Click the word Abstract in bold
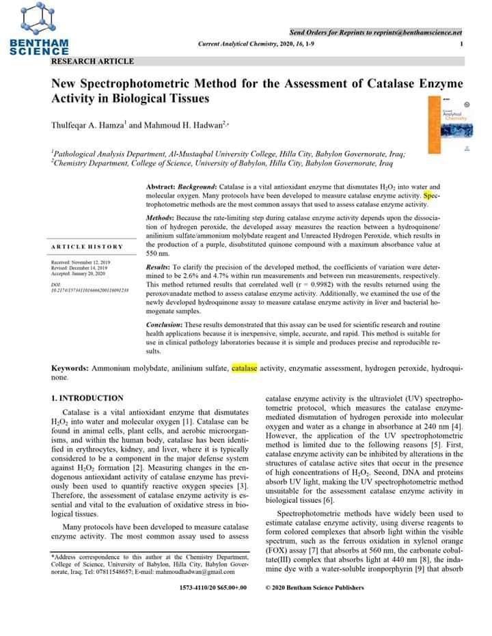click(x=161, y=186)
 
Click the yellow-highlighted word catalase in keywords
click(x=245, y=369)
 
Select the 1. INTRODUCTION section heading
click(x=87, y=398)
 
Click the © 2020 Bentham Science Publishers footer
click(x=314, y=587)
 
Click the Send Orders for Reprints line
click(x=376, y=32)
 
